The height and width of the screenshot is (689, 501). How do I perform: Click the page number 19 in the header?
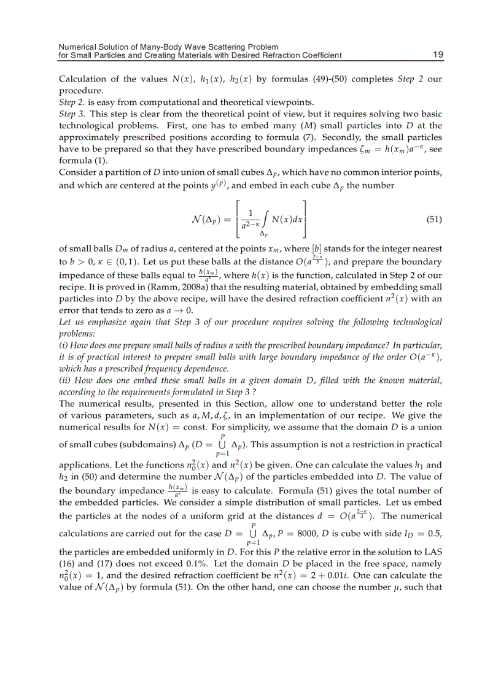point(438,55)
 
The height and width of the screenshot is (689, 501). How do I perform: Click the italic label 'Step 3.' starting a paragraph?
point(74,114)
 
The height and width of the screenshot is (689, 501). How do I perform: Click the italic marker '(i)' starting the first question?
point(63,345)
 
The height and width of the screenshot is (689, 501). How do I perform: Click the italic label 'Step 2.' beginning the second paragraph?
point(74,102)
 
